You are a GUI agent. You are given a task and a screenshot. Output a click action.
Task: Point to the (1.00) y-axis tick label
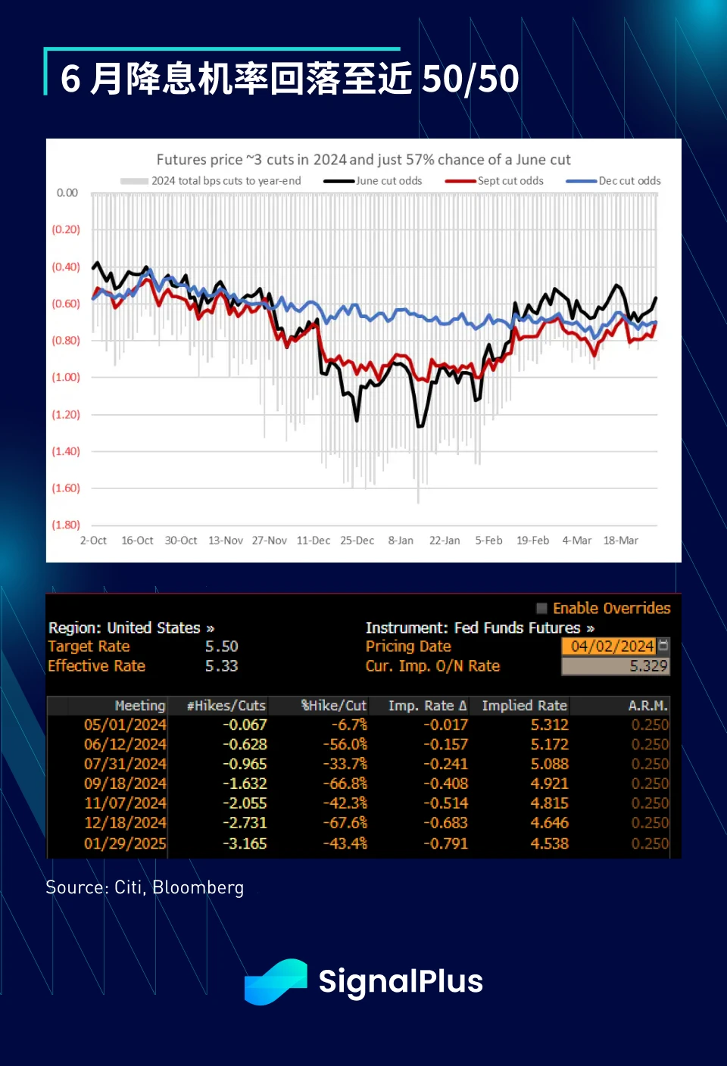pyautogui.click(x=66, y=377)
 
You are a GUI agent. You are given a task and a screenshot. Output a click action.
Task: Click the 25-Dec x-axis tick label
pyautogui.click(x=357, y=541)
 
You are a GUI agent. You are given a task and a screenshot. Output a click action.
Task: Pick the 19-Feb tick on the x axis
pyautogui.click(x=532, y=541)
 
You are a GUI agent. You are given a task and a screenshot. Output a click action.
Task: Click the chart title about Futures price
pyautogui.click(x=363, y=160)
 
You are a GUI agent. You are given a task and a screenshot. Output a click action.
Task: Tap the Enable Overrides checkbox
pyautogui.click(x=541, y=608)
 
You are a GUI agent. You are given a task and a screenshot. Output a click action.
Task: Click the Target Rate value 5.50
pyautogui.click(x=221, y=647)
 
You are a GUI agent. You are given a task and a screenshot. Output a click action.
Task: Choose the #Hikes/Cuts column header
pyautogui.click(x=226, y=706)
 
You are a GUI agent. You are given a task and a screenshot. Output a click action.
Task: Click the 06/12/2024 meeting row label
pyautogui.click(x=125, y=744)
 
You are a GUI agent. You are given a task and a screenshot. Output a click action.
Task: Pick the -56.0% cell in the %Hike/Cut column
pyautogui.click(x=345, y=744)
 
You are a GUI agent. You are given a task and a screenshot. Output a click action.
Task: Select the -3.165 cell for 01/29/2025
pyautogui.click(x=245, y=843)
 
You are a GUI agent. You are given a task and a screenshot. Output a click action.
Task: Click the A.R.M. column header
pyautogui.click(x=647, y=706)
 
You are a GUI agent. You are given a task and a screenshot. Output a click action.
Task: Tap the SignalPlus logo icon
pyautogui.click(x=276, y=982)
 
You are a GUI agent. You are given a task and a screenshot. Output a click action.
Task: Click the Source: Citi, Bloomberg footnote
pyautogui.click(x=145, y=887)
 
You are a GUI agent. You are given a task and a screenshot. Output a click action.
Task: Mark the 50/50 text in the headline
pyautogui.click(x=470, y=79)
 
